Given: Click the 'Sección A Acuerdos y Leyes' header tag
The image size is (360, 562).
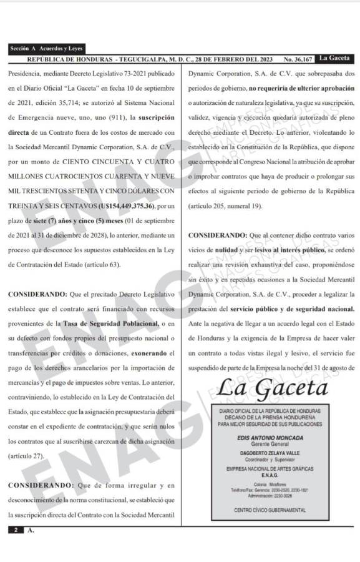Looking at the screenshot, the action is [x=46, y=48].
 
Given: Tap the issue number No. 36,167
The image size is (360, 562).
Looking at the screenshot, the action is [x=298, y=59].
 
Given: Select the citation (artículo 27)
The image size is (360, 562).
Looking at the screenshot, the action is [x=26, y=456].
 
